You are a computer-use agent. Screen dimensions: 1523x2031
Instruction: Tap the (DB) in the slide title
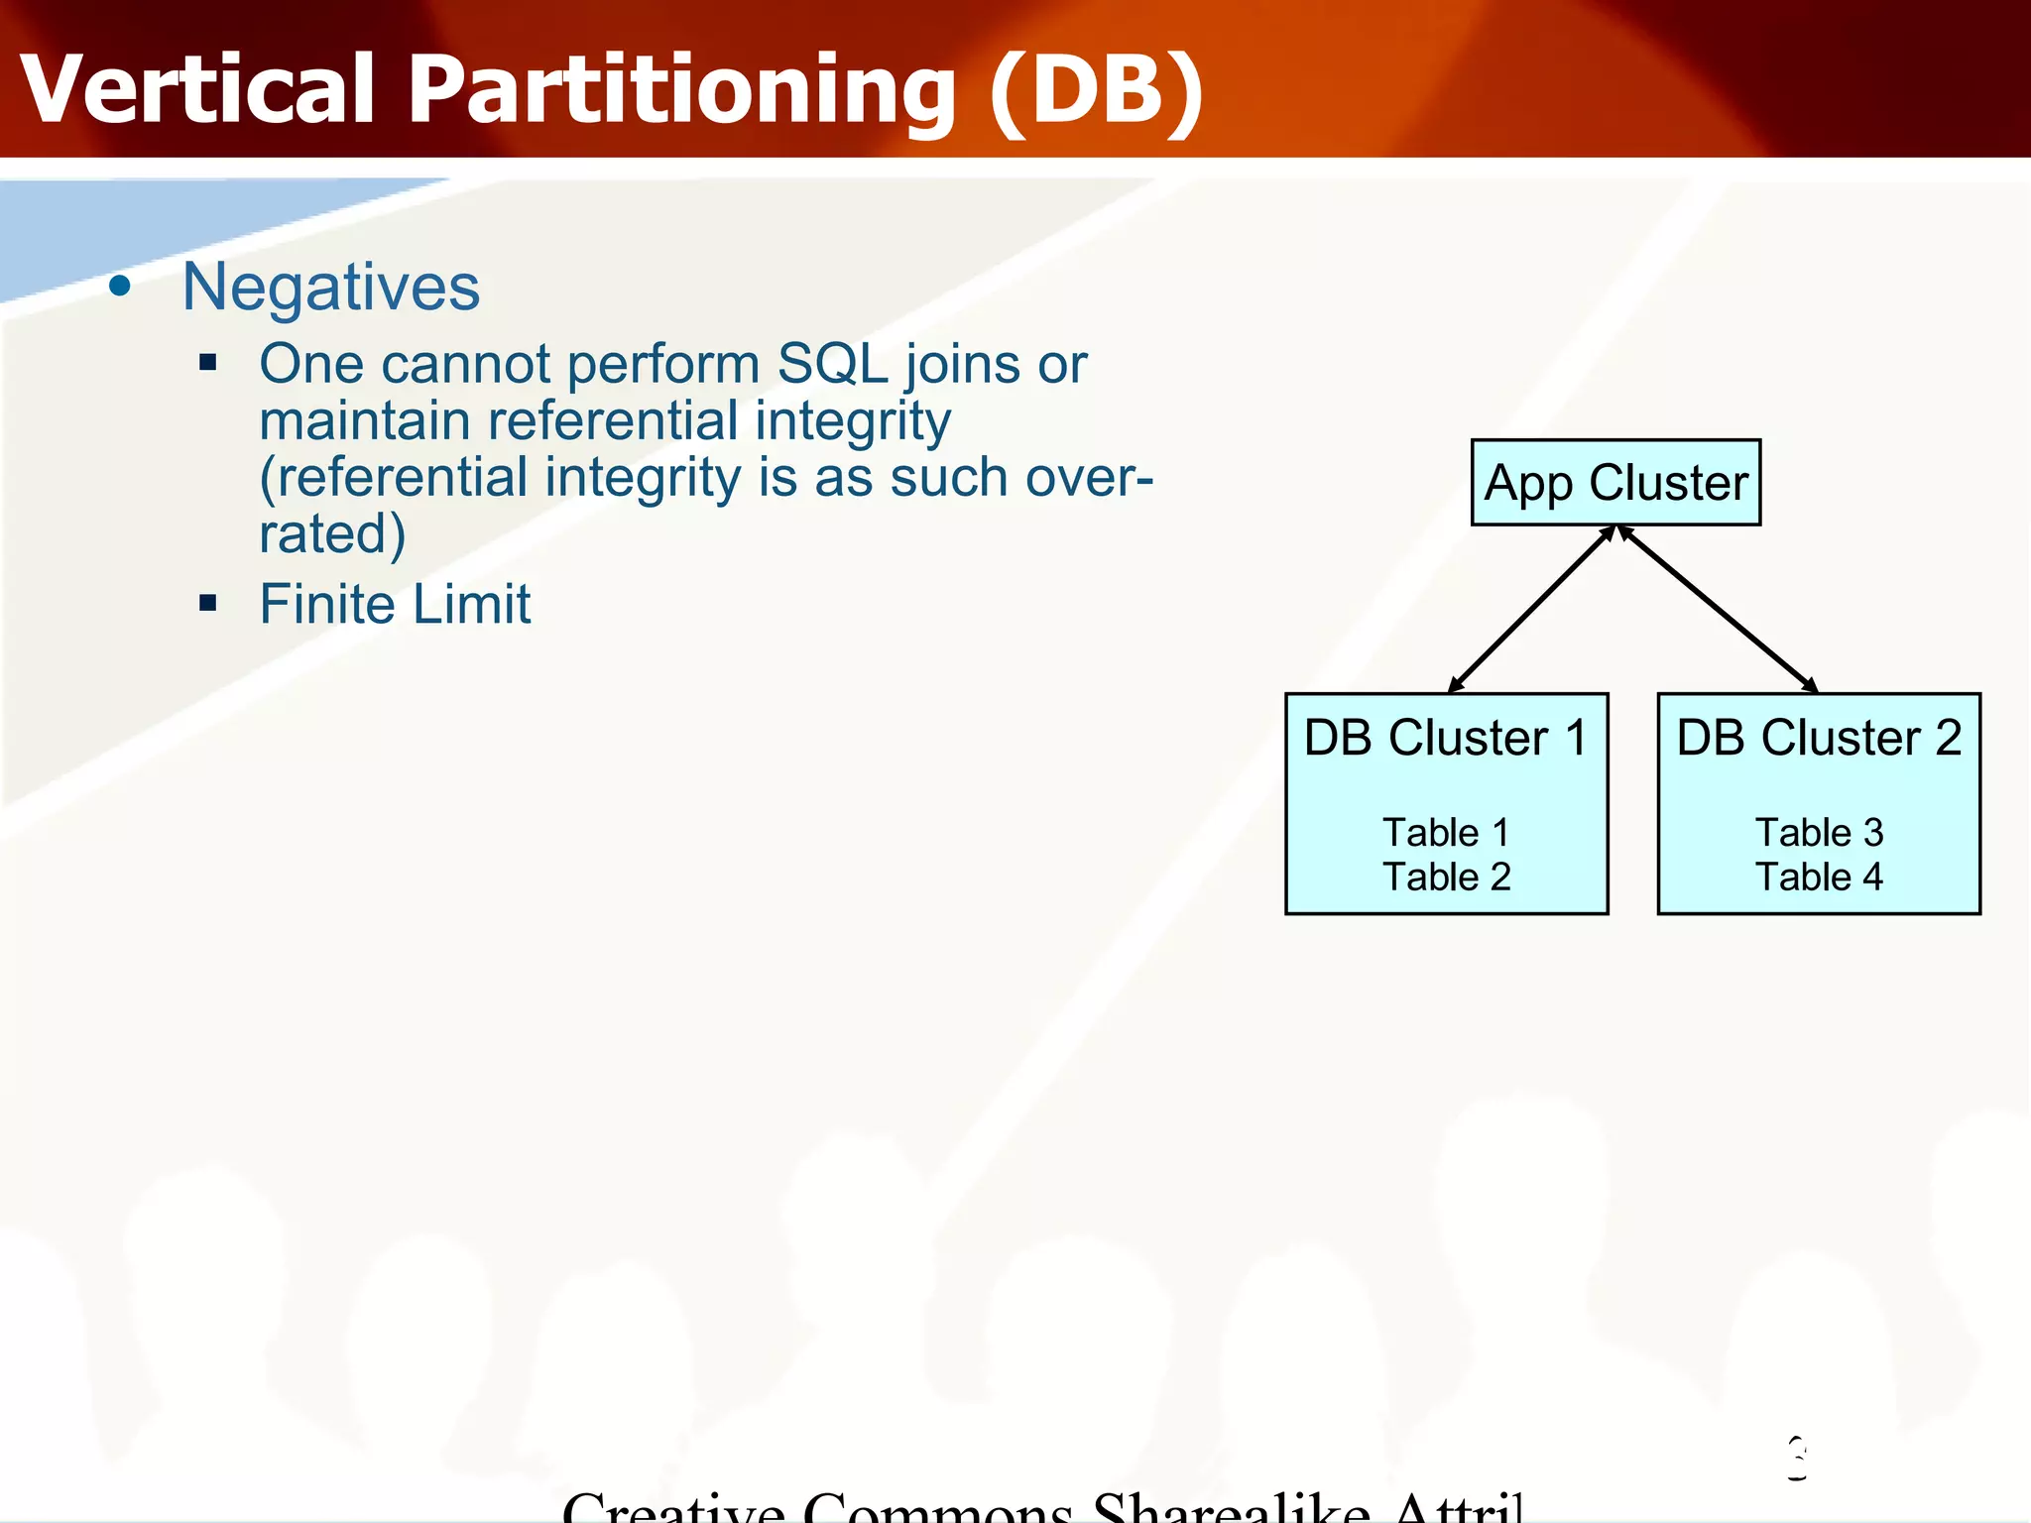click(x=1096, y=91)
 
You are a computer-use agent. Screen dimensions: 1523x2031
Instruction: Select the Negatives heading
click(x=331, y=288)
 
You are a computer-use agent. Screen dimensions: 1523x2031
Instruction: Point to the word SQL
click(x=833, y=364)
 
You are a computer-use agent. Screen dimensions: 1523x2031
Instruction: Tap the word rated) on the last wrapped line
click(x=332, y=533)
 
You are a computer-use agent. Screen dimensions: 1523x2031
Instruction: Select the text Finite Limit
click(x=395, y=604)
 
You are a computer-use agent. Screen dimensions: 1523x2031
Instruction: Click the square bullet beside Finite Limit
click(x=207, y=603)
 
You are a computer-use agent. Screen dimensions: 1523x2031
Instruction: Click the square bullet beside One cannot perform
click(x=207, y=362)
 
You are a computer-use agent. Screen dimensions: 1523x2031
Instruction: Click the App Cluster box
click(x=1615, y=483)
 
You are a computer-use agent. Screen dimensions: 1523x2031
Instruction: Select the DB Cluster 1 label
click(x=1445, y=738)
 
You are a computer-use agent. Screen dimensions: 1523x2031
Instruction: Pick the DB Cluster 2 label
click(x=1819, y=738)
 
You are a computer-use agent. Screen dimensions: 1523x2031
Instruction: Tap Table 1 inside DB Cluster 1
click(x=1446, y=833)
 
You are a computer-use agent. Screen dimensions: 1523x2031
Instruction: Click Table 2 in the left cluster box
click(x=1446, y=878)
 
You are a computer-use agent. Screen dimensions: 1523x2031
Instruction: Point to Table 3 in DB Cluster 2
click(x=1819, y=833)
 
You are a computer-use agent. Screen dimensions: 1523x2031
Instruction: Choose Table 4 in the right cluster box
click(x=1819, y=878)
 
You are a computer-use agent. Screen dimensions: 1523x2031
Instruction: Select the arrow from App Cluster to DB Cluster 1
click(x=1531, y=610)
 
